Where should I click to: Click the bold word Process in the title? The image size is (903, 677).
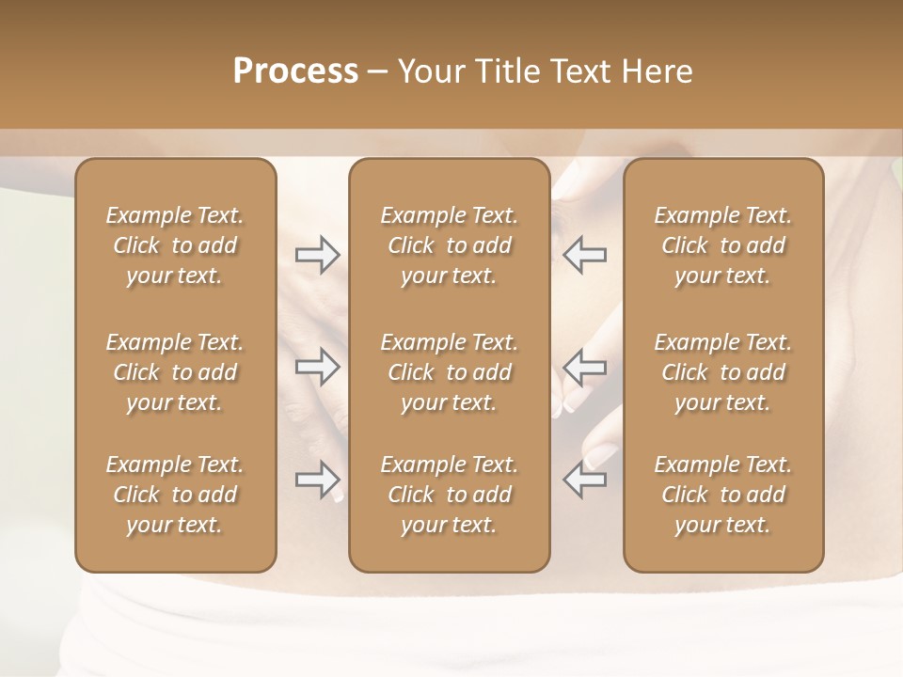[295, 71]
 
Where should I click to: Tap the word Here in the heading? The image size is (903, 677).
[656, 71]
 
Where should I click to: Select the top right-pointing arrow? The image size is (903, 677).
[318, 255]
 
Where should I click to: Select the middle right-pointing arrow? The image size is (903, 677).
[318, 367]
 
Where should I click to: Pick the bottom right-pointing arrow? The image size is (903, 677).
[318, 480]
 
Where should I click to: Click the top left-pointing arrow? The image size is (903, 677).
[584, 255]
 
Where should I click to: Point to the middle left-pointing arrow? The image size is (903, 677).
[584, 367]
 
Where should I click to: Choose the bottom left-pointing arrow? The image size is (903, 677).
[584, 480]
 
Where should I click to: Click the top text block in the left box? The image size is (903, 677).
[175, 245]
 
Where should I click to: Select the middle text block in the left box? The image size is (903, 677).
[175, 372]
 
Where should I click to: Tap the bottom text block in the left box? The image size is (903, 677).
[175, 495]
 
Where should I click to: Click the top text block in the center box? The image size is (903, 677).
[449, 245]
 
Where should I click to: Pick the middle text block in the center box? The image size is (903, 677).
[449, 372]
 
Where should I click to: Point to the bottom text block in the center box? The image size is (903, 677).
[449, 495]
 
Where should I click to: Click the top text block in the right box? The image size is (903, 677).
[723, 245]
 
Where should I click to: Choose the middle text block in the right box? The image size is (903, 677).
[723, 372]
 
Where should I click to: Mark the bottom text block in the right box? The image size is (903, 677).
[723, 495]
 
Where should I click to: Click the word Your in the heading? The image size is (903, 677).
[428, 71]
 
